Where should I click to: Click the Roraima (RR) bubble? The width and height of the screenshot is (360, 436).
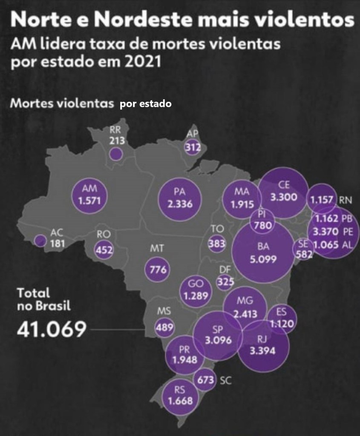(x=115, y=154)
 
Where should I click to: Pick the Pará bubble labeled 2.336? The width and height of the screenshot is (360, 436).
(x=178, y=198)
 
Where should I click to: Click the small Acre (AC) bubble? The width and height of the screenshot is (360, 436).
(x=40, y=241)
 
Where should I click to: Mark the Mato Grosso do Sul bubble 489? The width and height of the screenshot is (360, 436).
(x=165, y=327)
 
